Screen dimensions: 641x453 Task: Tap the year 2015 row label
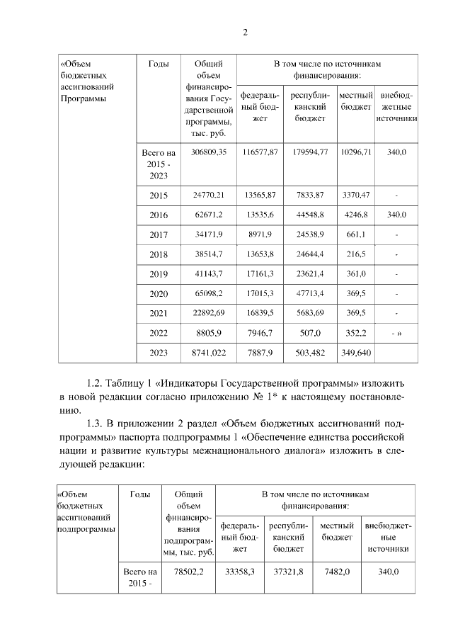pos(159,195)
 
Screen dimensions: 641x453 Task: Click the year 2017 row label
pos(159,234)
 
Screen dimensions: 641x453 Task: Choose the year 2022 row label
pos(159,331)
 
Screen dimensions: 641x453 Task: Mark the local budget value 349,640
pos(355,351)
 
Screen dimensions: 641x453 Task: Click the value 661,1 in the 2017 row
pos(355,234)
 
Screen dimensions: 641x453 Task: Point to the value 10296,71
pos(355,152)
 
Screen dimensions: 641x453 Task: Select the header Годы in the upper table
pos(159,64)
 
